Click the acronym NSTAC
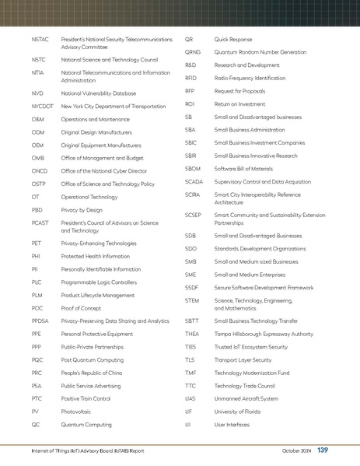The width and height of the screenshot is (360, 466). coord(40,38)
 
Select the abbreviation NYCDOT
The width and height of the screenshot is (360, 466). coord(42,105)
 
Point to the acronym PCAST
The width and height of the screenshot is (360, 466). coord(40,222)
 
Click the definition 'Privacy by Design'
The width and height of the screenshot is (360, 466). coord(82,209)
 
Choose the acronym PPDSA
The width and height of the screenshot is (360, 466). coord(40,320)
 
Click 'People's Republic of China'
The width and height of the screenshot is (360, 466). coord(92,373)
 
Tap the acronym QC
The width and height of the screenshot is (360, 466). coord(36,426)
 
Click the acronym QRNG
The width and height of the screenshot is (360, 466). coord(193,51)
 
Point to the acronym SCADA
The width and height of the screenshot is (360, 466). coord(194,181)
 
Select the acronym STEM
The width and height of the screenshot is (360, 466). coord(192,300)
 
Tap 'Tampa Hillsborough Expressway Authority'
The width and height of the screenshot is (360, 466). coord(264,333)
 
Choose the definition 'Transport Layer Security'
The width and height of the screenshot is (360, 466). coord(243,359)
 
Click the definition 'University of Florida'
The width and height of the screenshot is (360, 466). coord(239,412)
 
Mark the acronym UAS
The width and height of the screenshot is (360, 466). coord(190,399)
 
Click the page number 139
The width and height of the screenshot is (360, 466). coord(323,450)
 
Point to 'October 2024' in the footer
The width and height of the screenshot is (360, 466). coord(296,451)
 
